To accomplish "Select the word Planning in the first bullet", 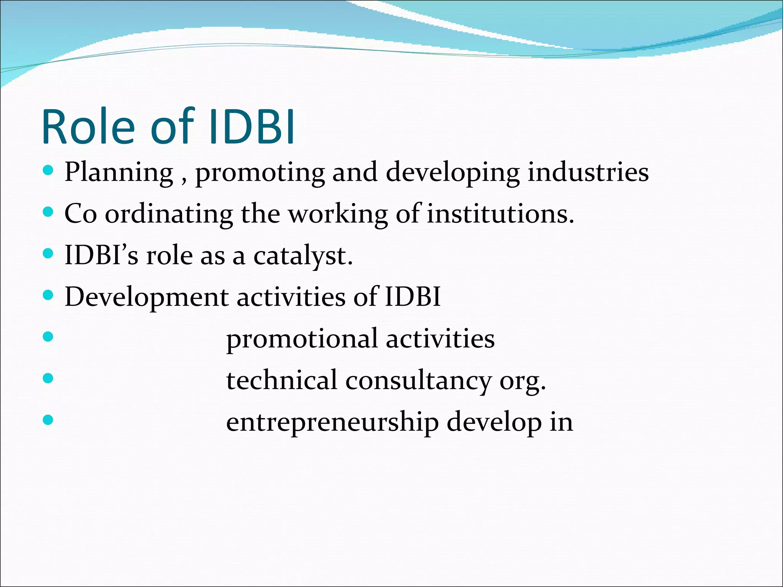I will coord(119,173).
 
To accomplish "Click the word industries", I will coord(588,172).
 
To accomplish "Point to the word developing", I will coord(453,173).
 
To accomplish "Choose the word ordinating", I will coord(169,214).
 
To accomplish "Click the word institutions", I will coord(500,214).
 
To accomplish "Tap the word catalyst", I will coord(303,256).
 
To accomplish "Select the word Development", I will coord(146,298).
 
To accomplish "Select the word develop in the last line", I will coord(494,423).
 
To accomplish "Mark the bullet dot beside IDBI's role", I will coord(48,253).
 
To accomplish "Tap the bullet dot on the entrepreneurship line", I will coord(48,420).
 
